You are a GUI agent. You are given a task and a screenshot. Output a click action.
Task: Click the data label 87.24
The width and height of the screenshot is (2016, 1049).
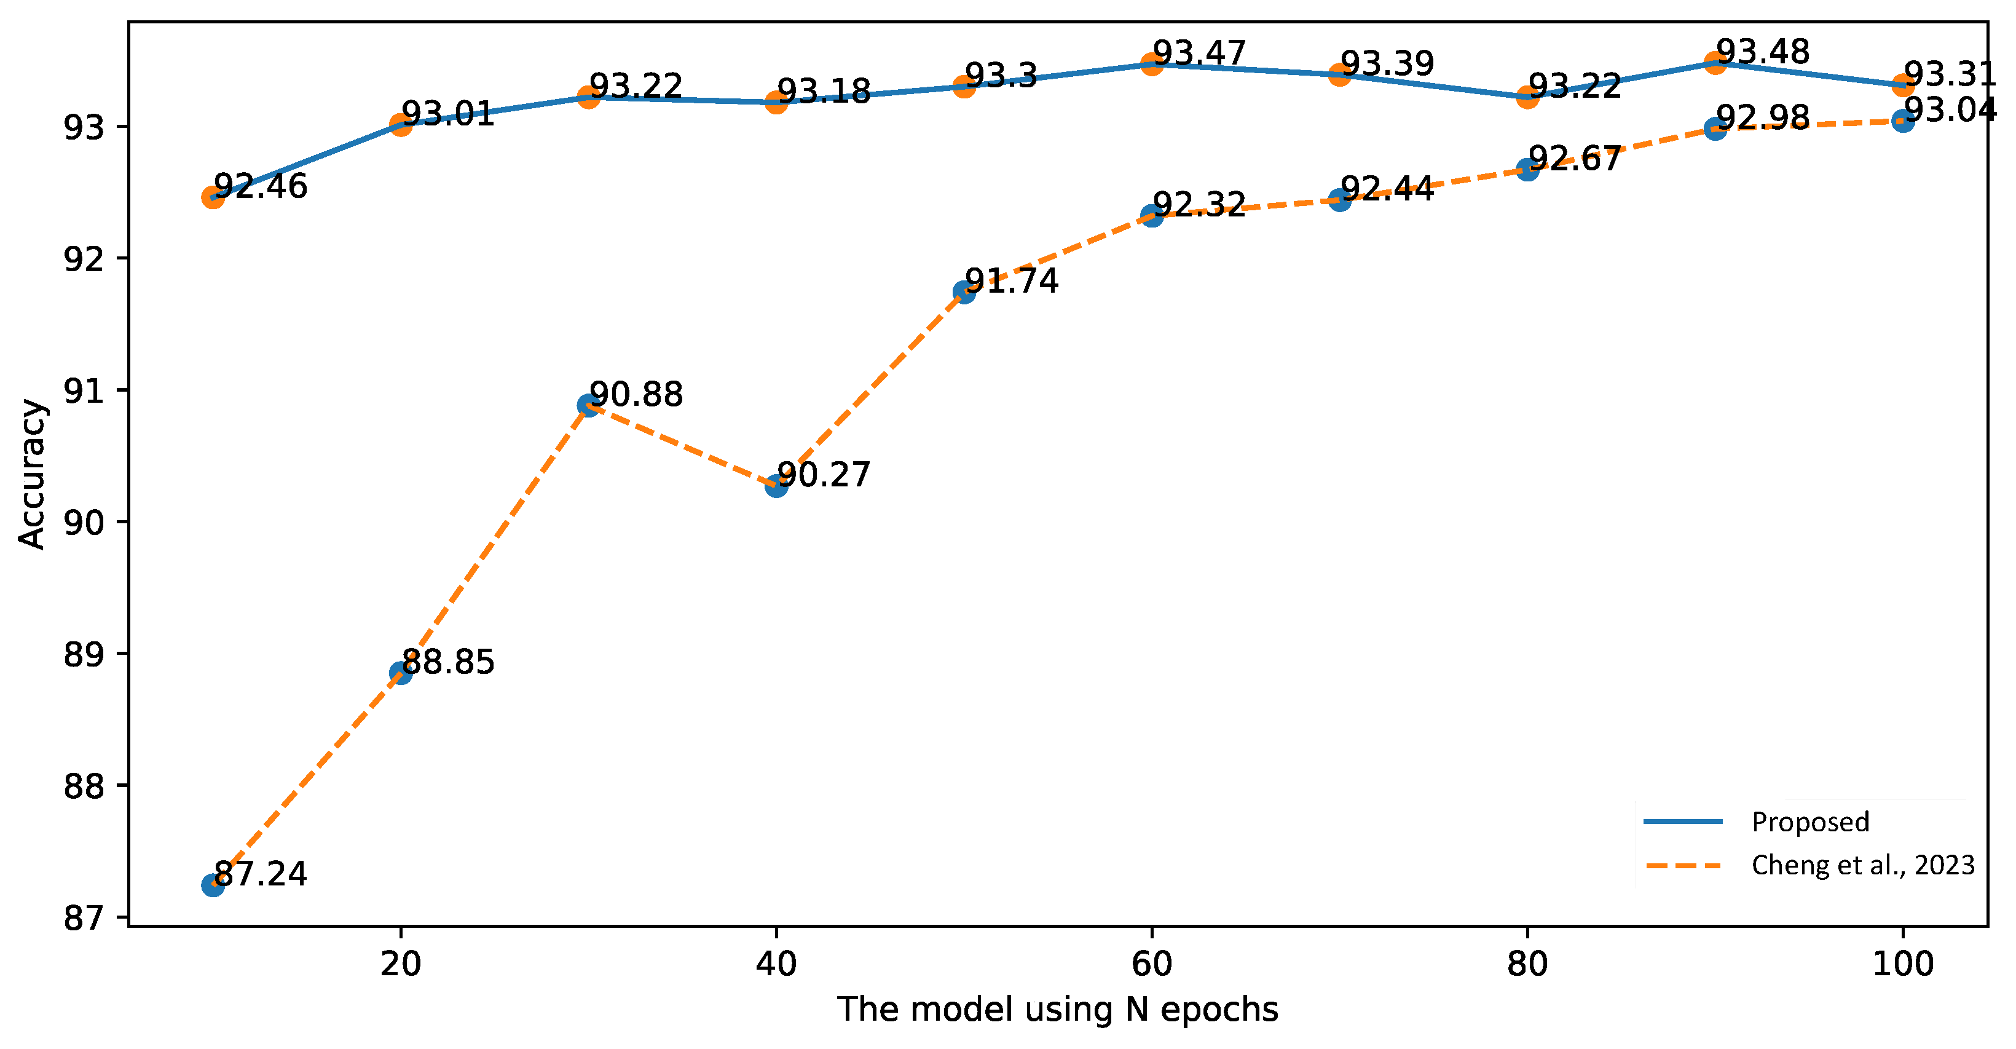click(x=260, y=874)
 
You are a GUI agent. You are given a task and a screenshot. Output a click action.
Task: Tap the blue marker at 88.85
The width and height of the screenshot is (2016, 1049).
click(x=401, y=673)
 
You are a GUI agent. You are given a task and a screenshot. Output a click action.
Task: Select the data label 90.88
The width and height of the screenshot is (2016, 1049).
click(x=636, y=395)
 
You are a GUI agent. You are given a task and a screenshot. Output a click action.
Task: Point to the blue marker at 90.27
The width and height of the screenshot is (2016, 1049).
click(x=776, y=486)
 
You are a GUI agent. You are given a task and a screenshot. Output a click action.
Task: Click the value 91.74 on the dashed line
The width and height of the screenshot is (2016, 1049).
click(x=1011, y=281)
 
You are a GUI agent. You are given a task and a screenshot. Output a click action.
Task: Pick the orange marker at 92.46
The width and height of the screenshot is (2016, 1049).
click(x=213, y=197)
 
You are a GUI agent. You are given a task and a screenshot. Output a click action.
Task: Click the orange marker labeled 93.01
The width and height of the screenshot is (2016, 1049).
click(x=401, y=124)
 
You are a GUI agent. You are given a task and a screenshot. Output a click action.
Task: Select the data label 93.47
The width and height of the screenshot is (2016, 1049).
click(x=1199, y=53)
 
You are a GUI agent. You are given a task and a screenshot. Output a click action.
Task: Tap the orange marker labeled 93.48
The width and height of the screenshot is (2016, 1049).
click(x=1715, y=63)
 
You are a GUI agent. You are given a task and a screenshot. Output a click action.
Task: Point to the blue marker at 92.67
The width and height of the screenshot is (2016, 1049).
click(x=1527, y=169)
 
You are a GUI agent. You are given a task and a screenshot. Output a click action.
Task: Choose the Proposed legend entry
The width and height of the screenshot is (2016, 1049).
click(x=1810, y=822)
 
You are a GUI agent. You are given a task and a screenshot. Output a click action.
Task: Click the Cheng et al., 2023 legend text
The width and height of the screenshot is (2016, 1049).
click(x=1862, y=865)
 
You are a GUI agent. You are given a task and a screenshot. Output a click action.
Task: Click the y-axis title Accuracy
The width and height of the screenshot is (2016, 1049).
click(x=33, y=475)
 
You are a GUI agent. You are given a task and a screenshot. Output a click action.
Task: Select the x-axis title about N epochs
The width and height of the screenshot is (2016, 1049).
click(x=1057, y=1010)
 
